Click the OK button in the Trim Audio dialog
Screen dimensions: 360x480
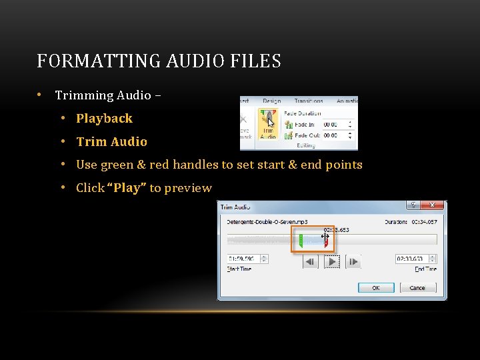(x=376, y=287)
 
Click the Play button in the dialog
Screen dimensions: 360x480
(x=331, y=262)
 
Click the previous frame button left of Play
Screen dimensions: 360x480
(x=310, y=262)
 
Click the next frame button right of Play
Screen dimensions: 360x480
(x=353, y=262)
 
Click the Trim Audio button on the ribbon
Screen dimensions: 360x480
(x=268, y=124)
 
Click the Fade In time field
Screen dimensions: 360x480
(x=331, y=125)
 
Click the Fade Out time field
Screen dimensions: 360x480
(x=331, y=135)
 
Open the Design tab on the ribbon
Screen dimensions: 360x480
(x=271, y=101)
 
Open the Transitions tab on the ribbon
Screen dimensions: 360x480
(x=308, y=101)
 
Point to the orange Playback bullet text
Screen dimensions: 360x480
(x=104, y=119)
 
